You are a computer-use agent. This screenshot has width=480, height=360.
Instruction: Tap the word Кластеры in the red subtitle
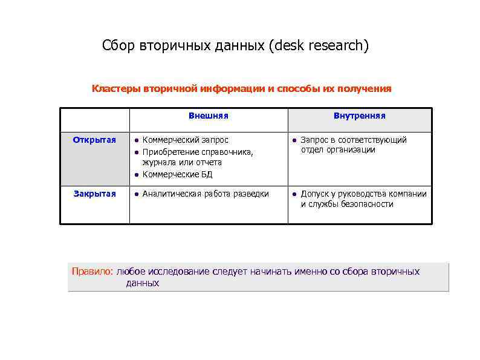(116, 89)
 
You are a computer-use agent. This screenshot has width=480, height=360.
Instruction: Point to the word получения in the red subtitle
(365, 89)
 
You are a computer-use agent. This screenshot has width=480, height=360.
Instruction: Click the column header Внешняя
(208, 116)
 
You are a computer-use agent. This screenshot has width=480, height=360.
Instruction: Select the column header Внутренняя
(359, 116)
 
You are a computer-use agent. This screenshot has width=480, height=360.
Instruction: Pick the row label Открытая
(94, 140)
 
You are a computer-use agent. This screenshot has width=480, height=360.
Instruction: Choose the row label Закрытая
(94, 194)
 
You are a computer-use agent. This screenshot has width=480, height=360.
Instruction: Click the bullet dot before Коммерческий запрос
(137, 140)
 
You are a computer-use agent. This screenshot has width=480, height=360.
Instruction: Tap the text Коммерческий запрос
(185, 140)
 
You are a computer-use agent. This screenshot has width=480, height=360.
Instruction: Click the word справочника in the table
(227, 152)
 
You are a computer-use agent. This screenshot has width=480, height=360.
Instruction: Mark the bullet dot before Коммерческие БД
(137, 175)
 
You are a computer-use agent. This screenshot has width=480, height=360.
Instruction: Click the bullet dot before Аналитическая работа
(137, 194)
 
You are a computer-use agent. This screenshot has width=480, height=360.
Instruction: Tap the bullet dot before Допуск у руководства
(294, 194)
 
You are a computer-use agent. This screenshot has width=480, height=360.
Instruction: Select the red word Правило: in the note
(92, 271)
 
